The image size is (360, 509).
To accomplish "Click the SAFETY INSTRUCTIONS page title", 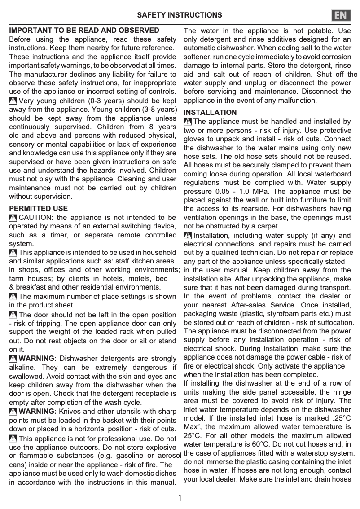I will coord(179,15).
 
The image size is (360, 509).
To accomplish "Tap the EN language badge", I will coord(341,15).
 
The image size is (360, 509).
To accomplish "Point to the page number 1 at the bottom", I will coord(180,498).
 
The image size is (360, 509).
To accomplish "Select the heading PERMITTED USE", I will coord(39,208).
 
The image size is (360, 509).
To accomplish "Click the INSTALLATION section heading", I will coord(210,112).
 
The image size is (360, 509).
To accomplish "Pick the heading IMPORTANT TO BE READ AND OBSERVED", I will coord(84,31).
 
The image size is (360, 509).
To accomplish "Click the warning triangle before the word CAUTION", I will coord(13,218).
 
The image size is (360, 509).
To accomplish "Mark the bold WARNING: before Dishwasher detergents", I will coord(38,358).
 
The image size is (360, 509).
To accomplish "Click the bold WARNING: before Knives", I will coord(38,411).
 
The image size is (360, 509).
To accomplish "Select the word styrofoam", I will coord(277,314).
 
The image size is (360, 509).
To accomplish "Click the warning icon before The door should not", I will coord(13,315).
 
